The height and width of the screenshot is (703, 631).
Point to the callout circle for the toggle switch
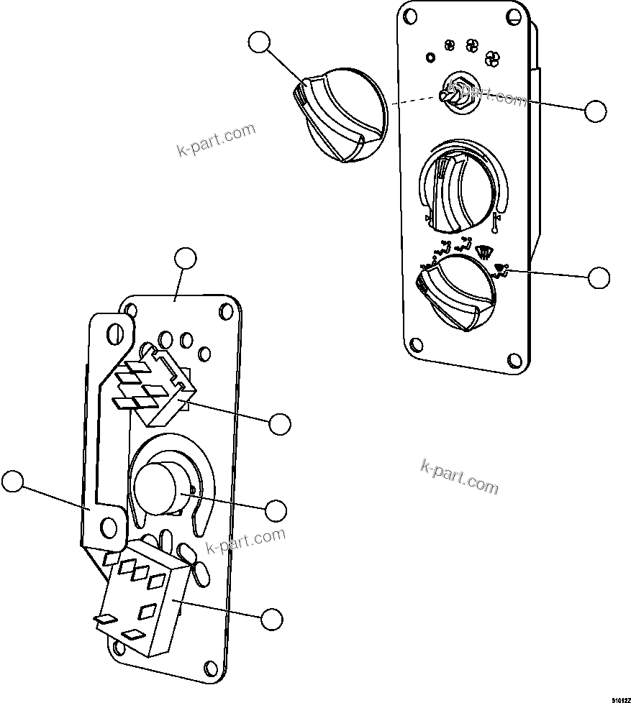595,111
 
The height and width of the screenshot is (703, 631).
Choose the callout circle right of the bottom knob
599,277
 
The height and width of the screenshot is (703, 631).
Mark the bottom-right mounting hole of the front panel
512,361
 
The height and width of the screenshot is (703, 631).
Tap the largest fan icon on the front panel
493,58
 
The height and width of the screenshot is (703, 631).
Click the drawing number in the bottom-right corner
620,698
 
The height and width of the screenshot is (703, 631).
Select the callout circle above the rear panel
186,259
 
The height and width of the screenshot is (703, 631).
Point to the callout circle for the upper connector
280,423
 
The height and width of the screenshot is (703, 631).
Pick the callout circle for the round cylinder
276,510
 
